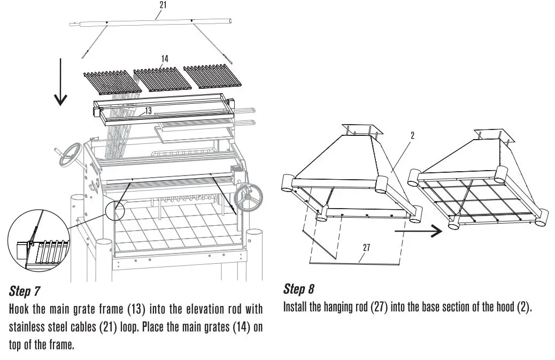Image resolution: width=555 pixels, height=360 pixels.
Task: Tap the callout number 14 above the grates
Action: (165, 59)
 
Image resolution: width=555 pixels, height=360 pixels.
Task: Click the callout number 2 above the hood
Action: (412, 136)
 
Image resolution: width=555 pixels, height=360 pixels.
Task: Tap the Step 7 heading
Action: (26, 292)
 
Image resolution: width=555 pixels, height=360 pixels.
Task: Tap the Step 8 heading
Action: (298, 289)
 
